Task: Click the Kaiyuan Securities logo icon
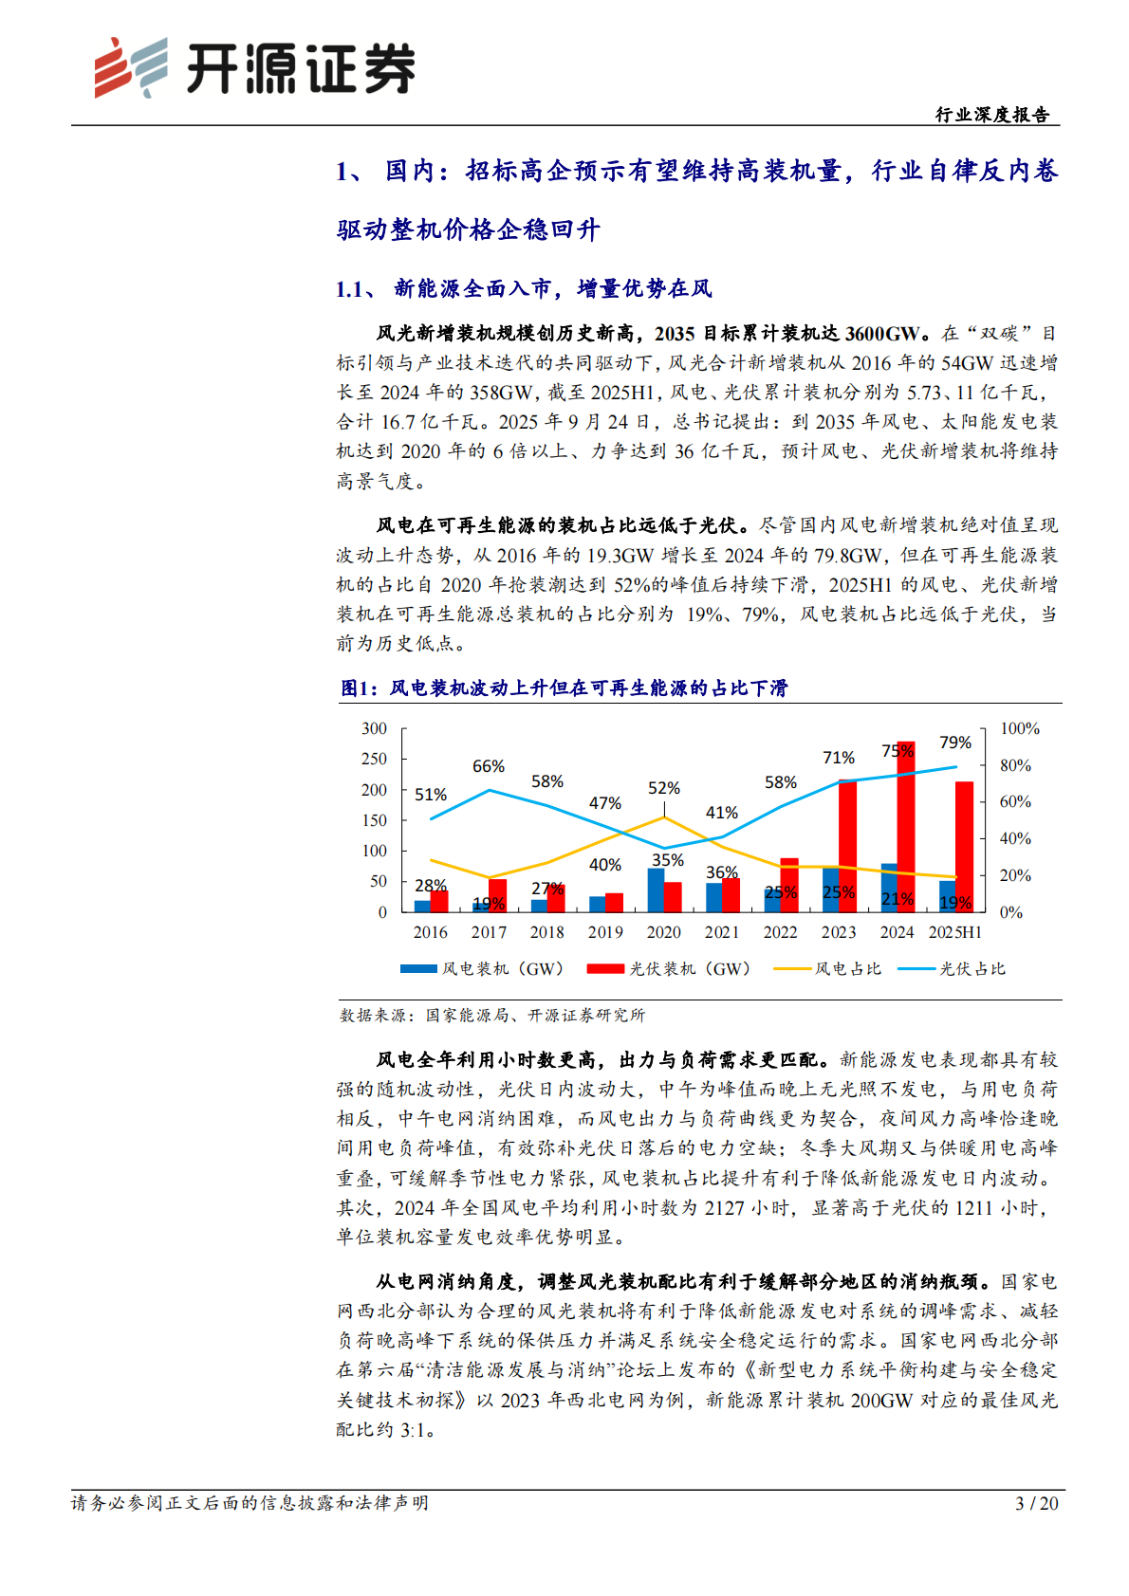click(130, 67)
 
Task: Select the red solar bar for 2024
click(906, 825)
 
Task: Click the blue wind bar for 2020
click(656, 890)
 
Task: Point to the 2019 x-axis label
click(605, 932)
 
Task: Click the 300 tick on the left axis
click(375, 728)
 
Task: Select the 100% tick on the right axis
click(1019, 728)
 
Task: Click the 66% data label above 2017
click(489, 766)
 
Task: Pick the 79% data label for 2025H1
click(955, 743)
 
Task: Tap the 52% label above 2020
click(664, 788)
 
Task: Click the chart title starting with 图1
click(564, 688)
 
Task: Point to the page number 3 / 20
click(1036, 1503)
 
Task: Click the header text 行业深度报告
click(992, 115)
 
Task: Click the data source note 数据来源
click(492, 1015)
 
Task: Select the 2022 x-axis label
click(780, 932)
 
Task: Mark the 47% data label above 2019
click(605, 803)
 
